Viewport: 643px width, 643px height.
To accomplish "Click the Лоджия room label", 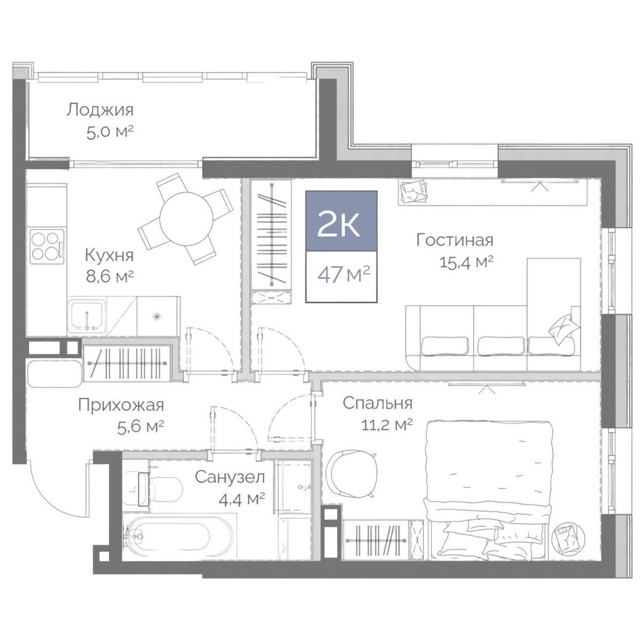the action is click(x=100, y=110).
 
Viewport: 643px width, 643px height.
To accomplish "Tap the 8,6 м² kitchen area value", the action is click(x=110, y=276).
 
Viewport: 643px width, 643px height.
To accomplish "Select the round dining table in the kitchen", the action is click(x=186, y=220).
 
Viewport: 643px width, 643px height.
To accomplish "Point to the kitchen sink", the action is click(x=87, y=317).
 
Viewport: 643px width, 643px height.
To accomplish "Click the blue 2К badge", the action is click(x=341, y=221).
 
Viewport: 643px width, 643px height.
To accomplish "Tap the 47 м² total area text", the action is click(x=343, y=275).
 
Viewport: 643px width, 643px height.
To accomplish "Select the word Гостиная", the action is click(x=455, y=240).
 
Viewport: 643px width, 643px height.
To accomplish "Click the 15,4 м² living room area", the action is click(x=466, y=263).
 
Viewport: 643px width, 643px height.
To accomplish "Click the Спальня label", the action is click(x=378, y=404).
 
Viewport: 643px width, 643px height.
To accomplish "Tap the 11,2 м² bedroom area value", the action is click(x=387, y=425).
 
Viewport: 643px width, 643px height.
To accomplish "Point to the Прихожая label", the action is click(x=121, y=405).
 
